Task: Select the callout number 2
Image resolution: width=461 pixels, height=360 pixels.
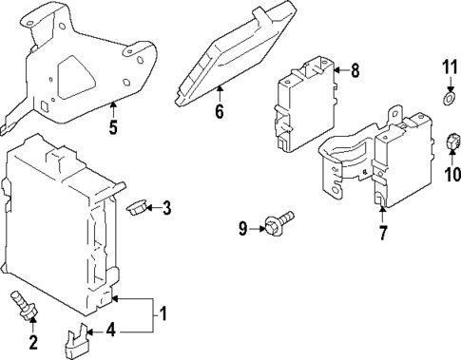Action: point(34,342)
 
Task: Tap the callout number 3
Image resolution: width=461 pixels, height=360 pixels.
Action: point(166,207)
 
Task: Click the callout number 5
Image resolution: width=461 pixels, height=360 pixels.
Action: point(113,126)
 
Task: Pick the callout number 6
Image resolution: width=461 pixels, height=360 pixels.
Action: point(219,112)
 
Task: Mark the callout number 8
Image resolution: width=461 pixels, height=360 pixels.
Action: point(355,69)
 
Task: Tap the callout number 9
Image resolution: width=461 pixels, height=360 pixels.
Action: point(242,227)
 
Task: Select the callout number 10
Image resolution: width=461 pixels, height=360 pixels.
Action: point(451,174)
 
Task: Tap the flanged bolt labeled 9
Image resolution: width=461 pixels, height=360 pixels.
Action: point(279,223)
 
